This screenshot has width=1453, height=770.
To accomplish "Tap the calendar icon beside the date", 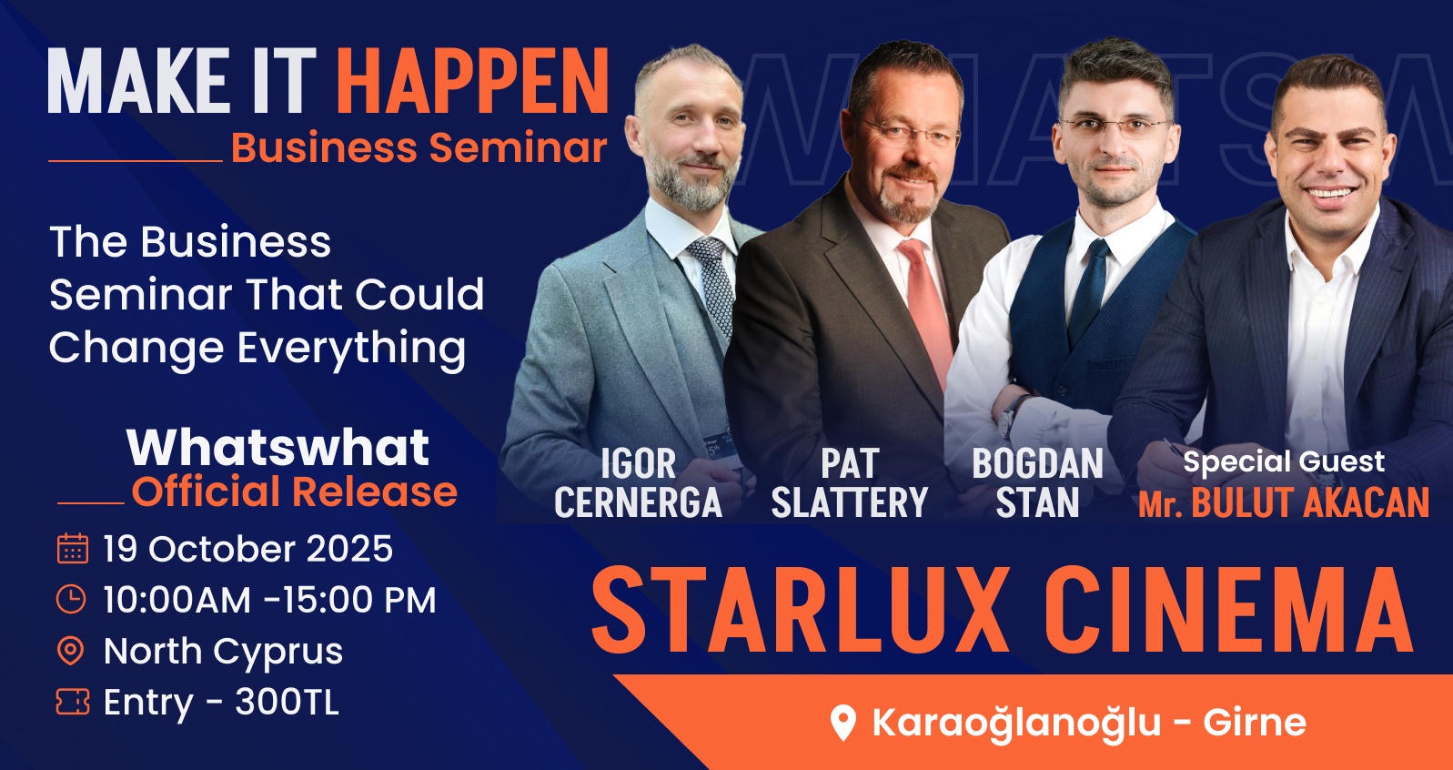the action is (x=73, y=548).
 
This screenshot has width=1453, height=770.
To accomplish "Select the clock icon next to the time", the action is (x=71, y=599).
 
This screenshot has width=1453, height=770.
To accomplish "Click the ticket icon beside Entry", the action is (x=73, y=702).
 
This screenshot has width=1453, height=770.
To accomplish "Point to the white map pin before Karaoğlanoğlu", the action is (x=843, y=723).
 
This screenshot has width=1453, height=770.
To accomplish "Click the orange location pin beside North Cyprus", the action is (x=71, y=651).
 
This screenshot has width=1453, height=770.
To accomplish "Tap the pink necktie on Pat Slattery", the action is (x=925, y=311).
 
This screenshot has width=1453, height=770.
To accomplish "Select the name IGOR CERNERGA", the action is (x=639, y=483).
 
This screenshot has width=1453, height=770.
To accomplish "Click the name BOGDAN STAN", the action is (x=1038, y=483).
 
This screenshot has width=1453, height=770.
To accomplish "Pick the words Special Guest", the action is (x=1284, y=461).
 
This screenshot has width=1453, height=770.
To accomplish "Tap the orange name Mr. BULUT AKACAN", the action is (x=1284, y=503).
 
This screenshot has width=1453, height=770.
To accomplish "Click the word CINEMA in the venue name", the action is (x=1228, y=611).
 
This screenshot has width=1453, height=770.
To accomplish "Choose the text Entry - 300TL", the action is (x=221, y=703).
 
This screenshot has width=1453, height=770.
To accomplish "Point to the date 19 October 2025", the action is (x=247, y=549).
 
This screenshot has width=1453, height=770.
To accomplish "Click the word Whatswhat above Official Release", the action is (x=277, y=448).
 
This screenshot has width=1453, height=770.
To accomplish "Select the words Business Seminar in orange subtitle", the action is (x=419, y=148).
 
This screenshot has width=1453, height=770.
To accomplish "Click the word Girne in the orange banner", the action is (x=1255, y=723).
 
